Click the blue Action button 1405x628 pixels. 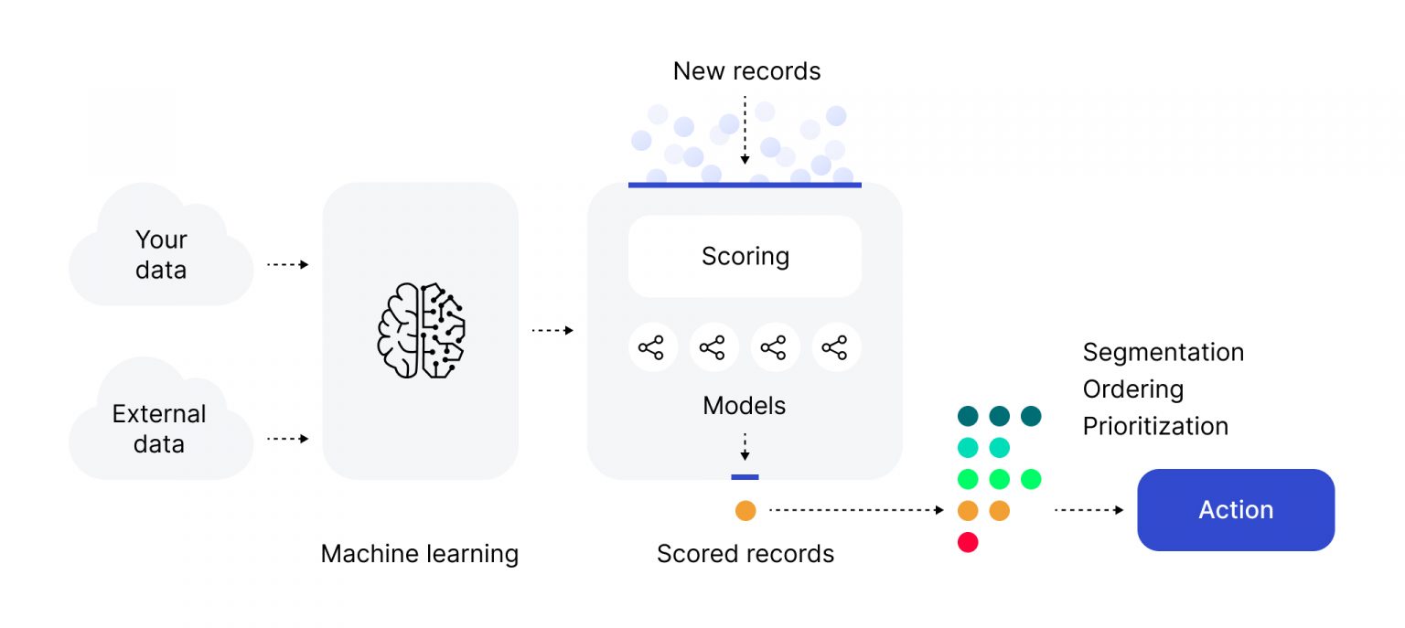[1235, 510]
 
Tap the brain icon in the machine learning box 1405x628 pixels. [421, 330]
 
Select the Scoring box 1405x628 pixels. [745, 256]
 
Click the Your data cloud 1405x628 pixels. [161, 254]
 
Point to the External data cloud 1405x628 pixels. [160, 429]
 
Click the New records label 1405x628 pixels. [746, 71]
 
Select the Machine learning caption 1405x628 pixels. [419, 554]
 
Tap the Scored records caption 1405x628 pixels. [745, 554]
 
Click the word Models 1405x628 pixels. [744, 405]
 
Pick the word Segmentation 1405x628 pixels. [1163, 352]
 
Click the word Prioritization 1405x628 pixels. [1154, 426]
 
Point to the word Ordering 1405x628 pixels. [1132, 389]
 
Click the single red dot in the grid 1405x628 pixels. [968, 542]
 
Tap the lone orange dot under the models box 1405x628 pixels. [745, 511]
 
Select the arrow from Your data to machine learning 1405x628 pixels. [287, 265]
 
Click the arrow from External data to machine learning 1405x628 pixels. [287, 439]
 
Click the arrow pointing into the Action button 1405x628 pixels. [1089, 510]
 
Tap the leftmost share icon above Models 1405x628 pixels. [651, 347]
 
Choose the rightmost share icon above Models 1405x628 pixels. [835, 347]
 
